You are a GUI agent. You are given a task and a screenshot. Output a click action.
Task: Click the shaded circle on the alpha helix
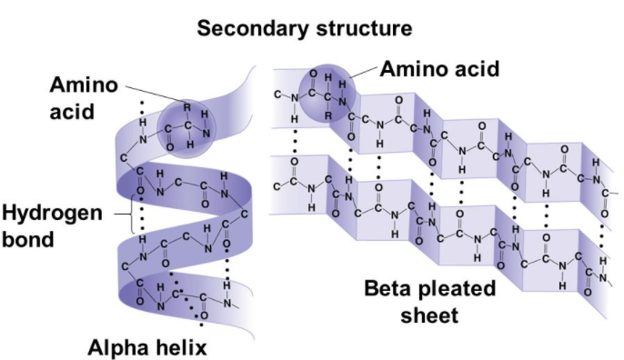[x=186, y=126]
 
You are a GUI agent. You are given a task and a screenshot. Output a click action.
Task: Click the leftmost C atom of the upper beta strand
[x=277, y=94]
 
